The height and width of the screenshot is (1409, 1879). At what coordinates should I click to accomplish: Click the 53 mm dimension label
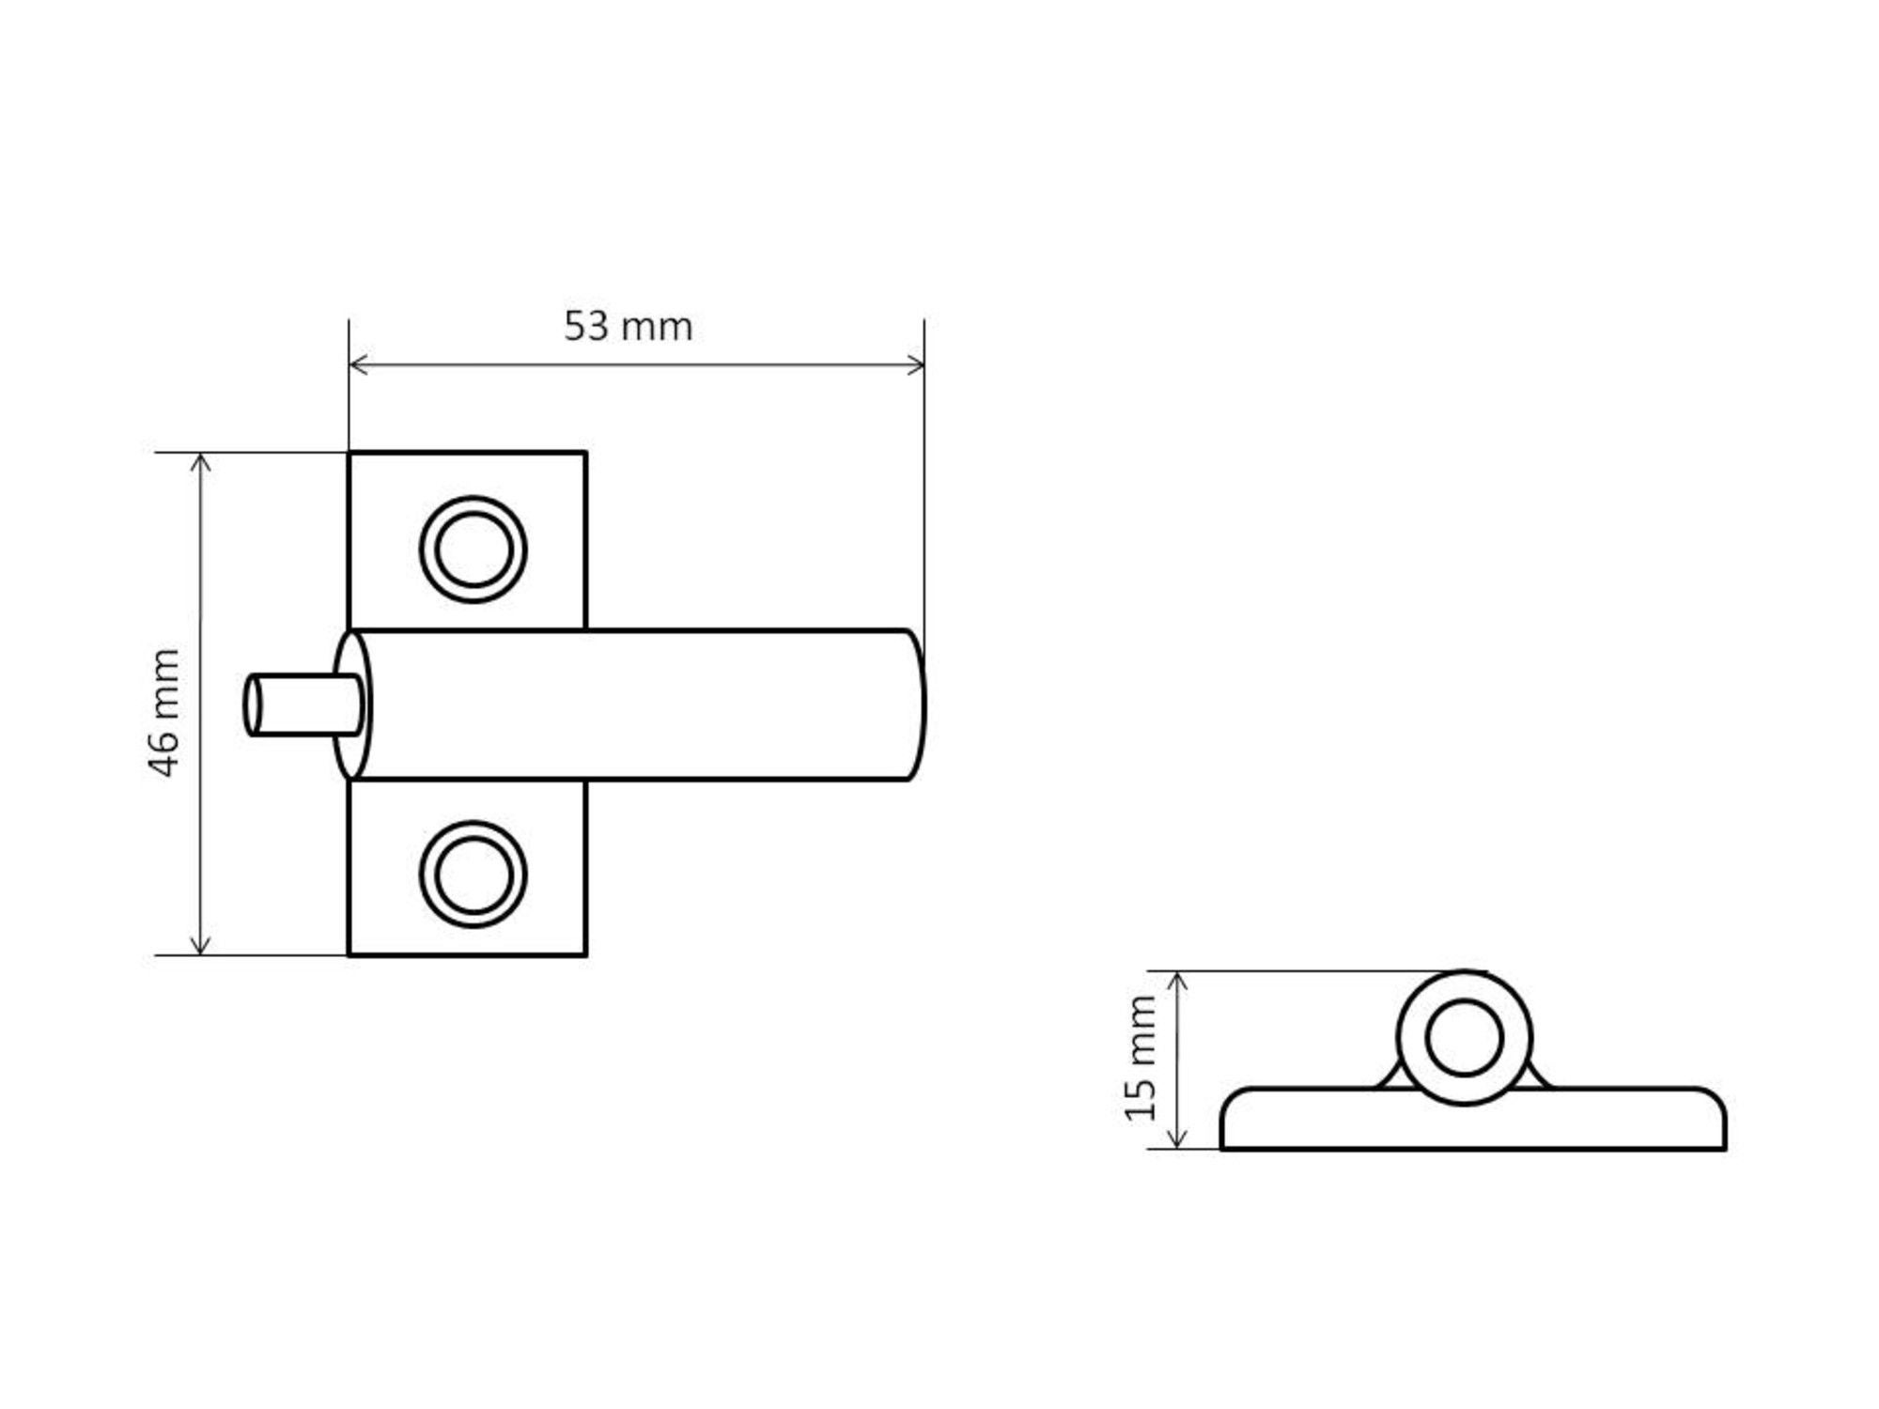[629, 326]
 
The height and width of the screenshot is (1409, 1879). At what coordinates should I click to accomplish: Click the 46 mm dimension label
[163, 713]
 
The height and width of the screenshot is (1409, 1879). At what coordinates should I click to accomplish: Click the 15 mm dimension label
[1141, 1059]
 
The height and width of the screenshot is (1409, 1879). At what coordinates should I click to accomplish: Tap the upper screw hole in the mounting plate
[474, 550]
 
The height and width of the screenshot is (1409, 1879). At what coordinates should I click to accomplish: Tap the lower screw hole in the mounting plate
[474, 875]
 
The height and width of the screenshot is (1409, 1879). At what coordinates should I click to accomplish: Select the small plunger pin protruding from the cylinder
[303, 704]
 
